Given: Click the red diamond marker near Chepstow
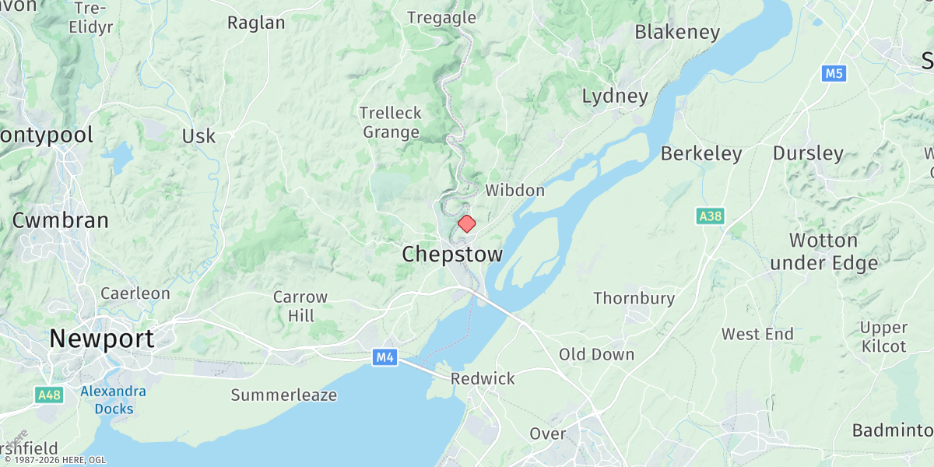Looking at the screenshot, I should click(x=466, y=224).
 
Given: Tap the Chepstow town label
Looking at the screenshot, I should click(x=452, y=255).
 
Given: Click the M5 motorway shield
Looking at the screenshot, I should click(x=834, y=74).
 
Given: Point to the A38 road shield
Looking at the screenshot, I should click(x=710, y=216).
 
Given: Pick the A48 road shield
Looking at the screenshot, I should click(x=49, y=395).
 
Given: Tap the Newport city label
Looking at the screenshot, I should click(x=102, y=339).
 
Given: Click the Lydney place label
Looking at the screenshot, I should click(x=615, y=97).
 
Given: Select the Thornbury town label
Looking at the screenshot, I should click(x=634, y=298).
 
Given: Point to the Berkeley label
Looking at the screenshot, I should click(x=700, y=154).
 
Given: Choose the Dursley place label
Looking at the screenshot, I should click(x=808, y=153).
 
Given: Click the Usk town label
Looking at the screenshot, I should click(x=198, y=136).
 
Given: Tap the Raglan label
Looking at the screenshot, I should click(x=256, y=23).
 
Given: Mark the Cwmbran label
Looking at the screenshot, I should click(x=60, y=220).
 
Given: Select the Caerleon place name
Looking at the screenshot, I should click(x=135, y=293).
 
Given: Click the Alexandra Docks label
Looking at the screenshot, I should click(x=114, y=400).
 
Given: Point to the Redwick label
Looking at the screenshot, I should click(x=483, y=379).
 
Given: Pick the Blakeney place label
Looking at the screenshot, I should click(x=677, y=32).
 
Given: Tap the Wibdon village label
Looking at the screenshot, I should click(x=514, y=191).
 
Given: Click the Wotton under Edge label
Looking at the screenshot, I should click(x=823, y=251).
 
